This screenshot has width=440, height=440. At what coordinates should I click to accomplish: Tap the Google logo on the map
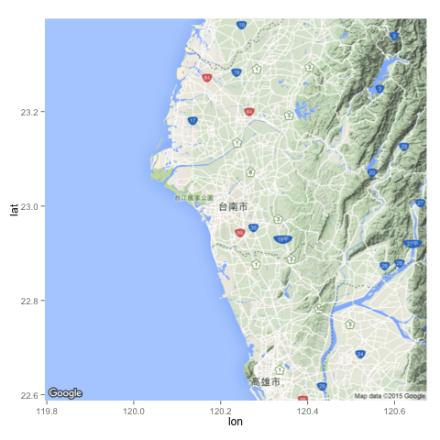[65, 393]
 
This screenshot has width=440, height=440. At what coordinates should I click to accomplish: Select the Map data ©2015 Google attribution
[390, 396]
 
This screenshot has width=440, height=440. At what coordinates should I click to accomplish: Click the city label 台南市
[233, 208]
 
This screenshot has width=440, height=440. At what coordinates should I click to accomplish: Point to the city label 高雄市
[265, 381]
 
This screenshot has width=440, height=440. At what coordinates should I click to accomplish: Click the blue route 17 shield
[192, 120]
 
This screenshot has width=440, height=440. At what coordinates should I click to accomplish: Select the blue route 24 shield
[360, 354]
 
